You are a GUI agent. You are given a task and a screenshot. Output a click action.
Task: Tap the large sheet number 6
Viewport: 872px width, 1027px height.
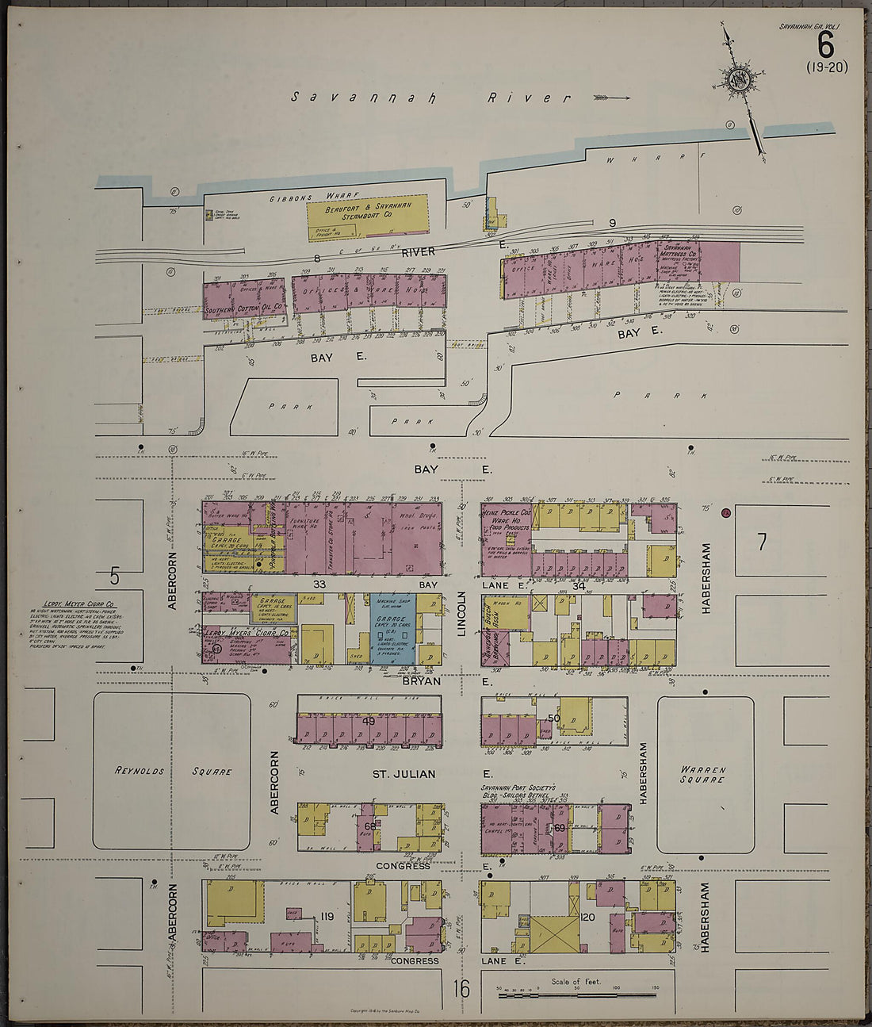point(825,44)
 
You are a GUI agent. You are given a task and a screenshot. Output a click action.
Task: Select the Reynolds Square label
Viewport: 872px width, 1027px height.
point(173,771)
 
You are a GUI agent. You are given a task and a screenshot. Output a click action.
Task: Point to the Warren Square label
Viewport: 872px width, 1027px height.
point(702,774)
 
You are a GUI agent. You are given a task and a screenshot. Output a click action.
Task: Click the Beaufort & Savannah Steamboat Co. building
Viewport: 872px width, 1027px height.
point(367,217)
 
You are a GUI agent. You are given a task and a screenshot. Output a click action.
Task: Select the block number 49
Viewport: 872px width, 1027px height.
point(369,721)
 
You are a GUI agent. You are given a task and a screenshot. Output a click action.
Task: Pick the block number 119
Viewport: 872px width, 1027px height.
point(326,917)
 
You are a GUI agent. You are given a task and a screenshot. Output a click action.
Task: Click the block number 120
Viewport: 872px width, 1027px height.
point(587,917)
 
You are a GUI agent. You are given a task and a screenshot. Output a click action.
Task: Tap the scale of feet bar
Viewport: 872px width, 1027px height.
point(577,994)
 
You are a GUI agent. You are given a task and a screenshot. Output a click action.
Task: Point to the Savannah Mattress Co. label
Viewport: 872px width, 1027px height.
point(678,251)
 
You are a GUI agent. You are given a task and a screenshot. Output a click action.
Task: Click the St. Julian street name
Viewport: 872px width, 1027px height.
point(403,774)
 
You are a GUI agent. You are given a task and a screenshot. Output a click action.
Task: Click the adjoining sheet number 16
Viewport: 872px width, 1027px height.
point(461,989)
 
